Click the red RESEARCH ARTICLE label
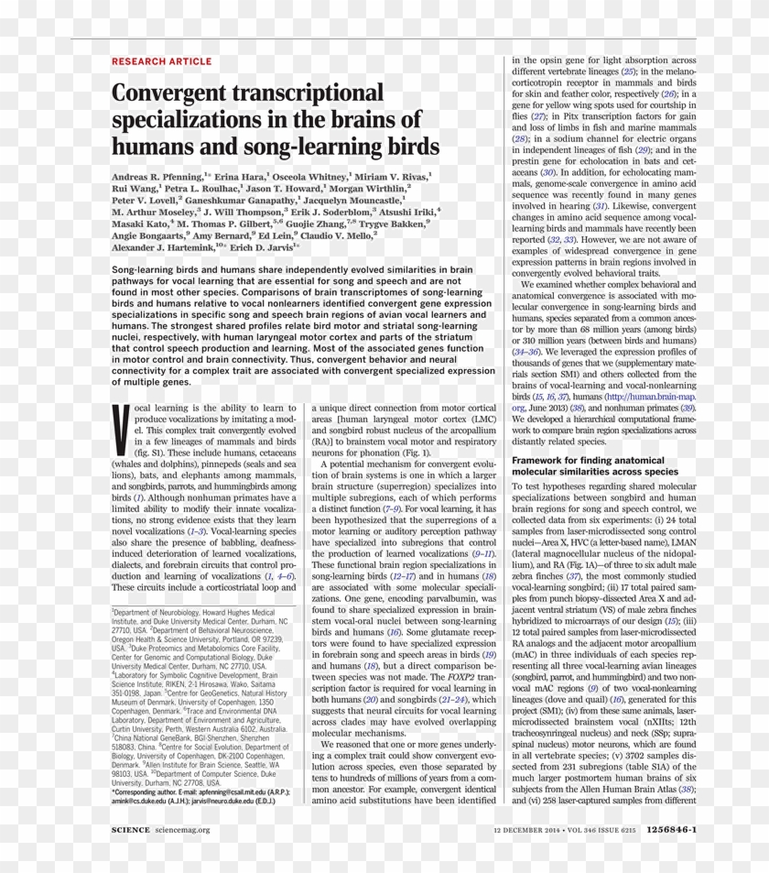click(x=161, y=61)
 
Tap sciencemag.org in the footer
click(x=182, y=830)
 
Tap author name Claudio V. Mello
click(x=333, y=235)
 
